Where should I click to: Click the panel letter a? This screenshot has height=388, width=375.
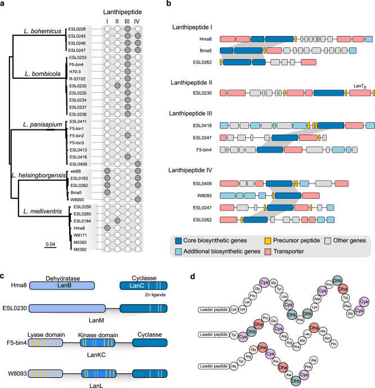click(x=4, y=5)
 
